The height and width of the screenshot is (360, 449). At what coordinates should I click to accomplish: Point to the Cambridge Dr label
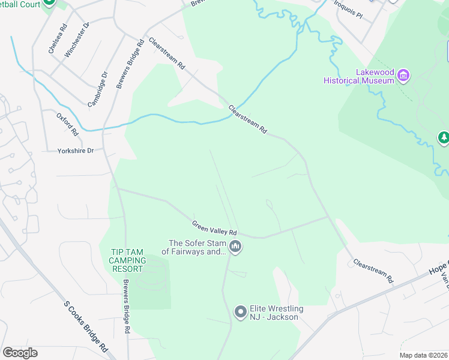(x=97, y=90)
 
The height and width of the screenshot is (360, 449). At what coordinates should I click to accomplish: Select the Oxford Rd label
(x=68, y=124)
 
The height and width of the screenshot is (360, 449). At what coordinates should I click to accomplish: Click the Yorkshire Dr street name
(x=76, y=151)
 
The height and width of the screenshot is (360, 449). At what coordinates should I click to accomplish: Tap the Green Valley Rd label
(x=214, y=228)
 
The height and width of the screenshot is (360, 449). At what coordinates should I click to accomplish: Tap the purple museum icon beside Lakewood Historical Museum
(x=404, y=76)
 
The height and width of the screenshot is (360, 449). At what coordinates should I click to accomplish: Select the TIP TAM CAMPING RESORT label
(x=127, y=260)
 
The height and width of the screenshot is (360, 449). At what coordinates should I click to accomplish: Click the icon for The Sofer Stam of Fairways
(x=235, y=247)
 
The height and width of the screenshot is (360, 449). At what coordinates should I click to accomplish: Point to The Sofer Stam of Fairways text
(x=197, y=247)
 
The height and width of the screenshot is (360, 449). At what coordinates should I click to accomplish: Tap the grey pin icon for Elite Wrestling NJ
(x=240, y=312)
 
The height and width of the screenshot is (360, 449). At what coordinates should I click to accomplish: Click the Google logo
(x=20, y=353)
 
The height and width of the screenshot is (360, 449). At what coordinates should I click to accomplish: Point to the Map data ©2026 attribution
(x=423, y=355)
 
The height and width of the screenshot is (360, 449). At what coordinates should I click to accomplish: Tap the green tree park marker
(x=444, y=138)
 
